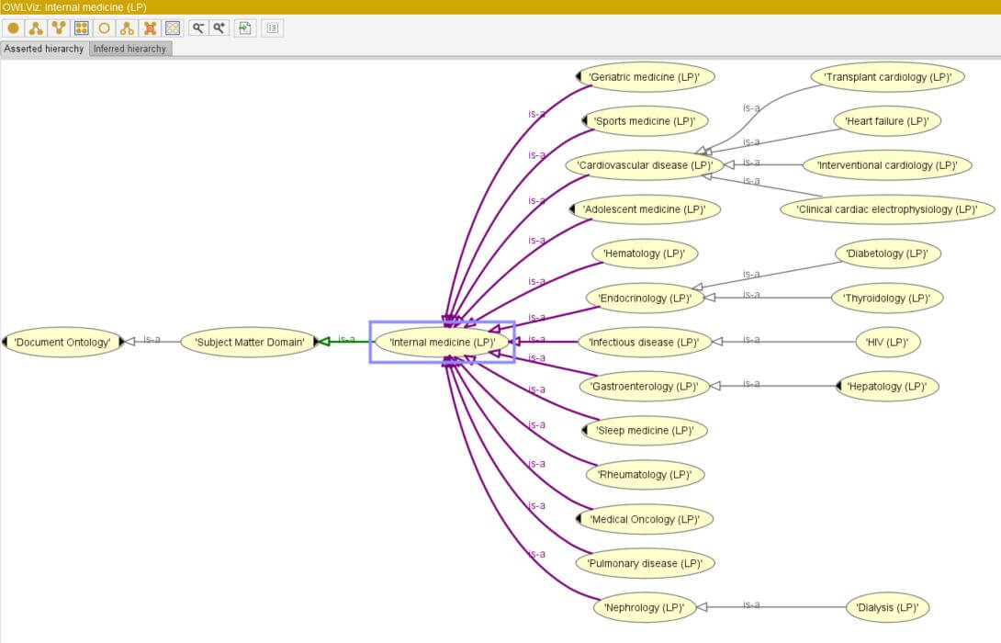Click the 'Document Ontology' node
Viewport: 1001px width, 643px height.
(62, 343)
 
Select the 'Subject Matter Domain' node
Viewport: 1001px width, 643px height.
(249, 343)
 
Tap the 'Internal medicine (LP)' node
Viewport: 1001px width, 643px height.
(443, 343)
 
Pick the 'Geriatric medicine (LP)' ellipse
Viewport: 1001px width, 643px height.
(644, 77)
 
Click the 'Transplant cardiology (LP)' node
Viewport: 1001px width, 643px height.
(887, 77)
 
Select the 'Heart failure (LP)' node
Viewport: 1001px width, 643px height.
(887, 121)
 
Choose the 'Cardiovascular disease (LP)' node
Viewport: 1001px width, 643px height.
(645, 165)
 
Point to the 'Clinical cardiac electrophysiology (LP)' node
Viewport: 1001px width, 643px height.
(887, 209)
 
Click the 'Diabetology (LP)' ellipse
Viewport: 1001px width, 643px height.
(887, 254)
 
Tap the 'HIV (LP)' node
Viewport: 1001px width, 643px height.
(887, 343)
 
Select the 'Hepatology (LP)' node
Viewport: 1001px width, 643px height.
(887, 387)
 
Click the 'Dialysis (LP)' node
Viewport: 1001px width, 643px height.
(887, 608)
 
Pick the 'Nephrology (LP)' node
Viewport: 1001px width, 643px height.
(644, 608)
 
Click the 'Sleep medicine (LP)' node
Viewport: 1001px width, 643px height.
(645, 431)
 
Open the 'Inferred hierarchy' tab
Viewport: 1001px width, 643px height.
(130, 49)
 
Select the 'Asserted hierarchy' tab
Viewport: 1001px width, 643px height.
(44, 49)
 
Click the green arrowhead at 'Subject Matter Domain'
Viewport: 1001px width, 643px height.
(323, 342)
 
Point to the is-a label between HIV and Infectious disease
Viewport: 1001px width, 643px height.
(751, 340)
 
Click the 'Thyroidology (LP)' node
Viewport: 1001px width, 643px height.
(887, 299)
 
